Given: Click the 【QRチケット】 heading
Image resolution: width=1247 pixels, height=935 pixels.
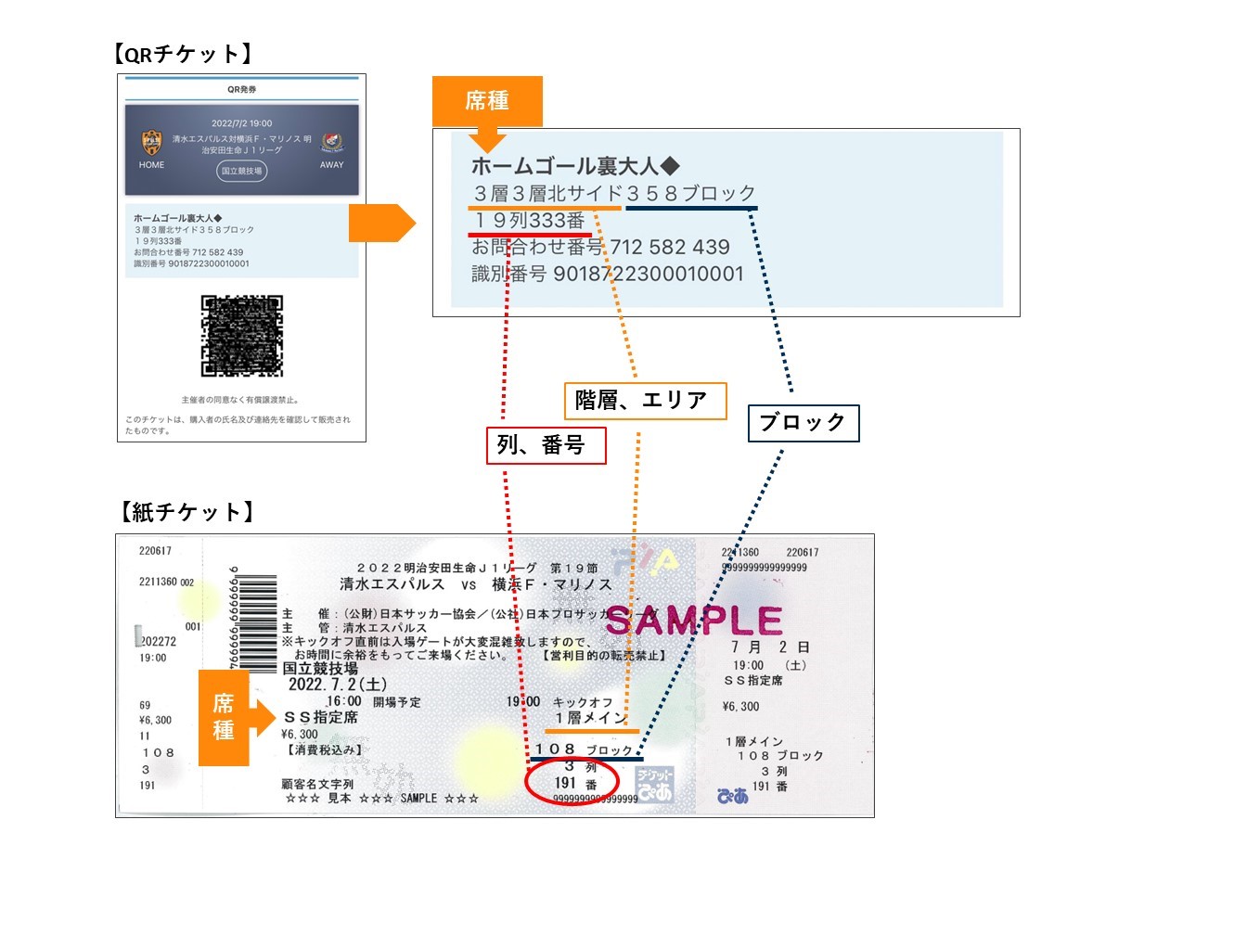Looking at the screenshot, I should [x=183, y=54].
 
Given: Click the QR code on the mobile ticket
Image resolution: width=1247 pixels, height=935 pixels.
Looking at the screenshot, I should [x=241, y=336].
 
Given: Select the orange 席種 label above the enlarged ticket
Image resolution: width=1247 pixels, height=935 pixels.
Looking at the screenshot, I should [x=486, y=100].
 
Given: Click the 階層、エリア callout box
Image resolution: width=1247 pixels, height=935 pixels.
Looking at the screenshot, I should [x=645, y=401].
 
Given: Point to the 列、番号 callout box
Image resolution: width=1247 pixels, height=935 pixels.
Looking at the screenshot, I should [x=546, y=445].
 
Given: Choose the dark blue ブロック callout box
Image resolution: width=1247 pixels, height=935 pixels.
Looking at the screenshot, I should [x=803, y=423].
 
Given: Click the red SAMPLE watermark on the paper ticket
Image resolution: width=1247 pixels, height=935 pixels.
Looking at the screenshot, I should [x=694, y=621].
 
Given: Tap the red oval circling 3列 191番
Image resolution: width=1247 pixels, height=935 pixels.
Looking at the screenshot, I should [x=572, y=781].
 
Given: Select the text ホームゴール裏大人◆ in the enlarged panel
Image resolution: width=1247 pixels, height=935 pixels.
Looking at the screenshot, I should [x=575, y=166].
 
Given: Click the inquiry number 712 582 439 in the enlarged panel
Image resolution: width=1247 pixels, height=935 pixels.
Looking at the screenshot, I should [x=670, y=247].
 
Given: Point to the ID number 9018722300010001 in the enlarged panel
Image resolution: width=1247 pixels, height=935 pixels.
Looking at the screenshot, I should [x=649, y=274].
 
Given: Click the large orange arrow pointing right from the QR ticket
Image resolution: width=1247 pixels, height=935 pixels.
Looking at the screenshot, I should [x=381, y=223].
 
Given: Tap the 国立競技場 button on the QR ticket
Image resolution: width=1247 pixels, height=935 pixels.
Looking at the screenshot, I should [x=241, y=171].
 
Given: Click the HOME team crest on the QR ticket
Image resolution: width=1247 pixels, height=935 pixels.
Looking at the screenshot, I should [x=151, y=142].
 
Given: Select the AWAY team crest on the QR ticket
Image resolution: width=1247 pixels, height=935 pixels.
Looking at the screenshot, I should [x=332, y=142].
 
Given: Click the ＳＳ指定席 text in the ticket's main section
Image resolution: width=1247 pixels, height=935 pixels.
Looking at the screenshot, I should [x=321, y=717].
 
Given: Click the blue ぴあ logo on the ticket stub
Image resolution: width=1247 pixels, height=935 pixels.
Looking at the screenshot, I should [x=733, y=796].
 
